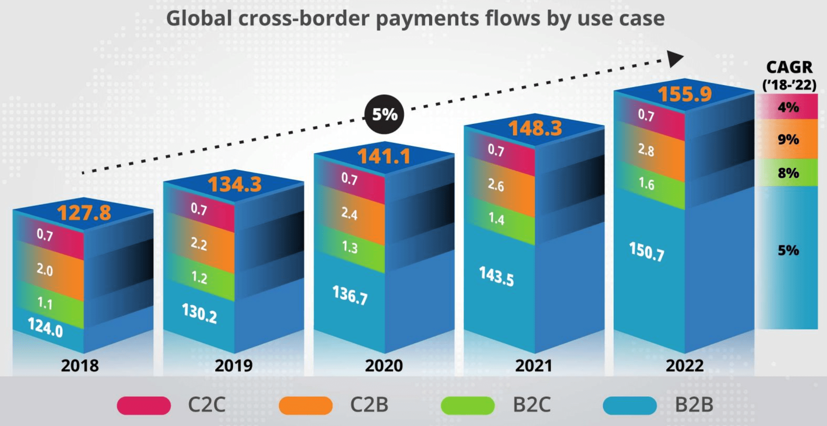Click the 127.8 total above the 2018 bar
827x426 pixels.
[x=84, y=213]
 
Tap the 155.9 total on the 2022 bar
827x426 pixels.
[x=684, y=94]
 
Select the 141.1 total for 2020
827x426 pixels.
[x=384, y=157]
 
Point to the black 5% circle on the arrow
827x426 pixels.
[x=384, y=114]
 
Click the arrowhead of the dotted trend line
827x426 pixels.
[x=675, y=58]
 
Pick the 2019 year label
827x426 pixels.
[x=234, y=366]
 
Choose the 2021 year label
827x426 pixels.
[x=533, y=366]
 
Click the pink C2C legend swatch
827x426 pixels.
[x=144, y=405]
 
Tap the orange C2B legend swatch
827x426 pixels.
[x=306, y=405]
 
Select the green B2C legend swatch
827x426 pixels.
[x=468, y=405]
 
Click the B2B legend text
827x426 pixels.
[x=694, y=405]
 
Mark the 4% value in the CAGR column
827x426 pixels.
[x=788, y=107]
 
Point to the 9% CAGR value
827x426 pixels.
[x=788, y=139]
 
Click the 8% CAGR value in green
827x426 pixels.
[x=788, y=173]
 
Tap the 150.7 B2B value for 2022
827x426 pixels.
[x=647, y=251]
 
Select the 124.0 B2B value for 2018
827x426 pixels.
[x=45, y=328]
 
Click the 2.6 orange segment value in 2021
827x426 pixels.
[x=496, y=184]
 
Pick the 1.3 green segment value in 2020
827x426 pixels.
[x=350, y=247]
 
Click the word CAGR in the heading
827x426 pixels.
[x=789, y=67]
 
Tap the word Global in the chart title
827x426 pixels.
[x=199, y=18]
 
